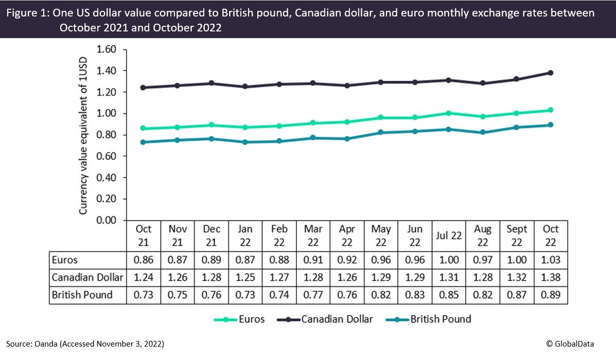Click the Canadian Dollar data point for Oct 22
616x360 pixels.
pos(550,73)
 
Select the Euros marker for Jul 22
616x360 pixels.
pos(448,113)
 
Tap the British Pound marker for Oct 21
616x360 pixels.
pos(143,142)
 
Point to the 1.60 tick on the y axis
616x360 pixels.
pos(107,49)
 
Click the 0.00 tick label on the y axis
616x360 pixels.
pos(107,220)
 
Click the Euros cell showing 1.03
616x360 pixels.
pos(550,261)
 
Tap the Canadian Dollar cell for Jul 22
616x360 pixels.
pos(448,278)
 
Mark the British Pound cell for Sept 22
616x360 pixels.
pos(516,296)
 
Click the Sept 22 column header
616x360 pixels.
pos(516,235)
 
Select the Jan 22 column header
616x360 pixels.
pos(245,235)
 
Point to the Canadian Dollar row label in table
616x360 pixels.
pos(87,278)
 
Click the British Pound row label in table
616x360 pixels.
pos(82,296)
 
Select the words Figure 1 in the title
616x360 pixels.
pos(26,13)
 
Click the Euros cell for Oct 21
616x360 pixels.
pos(143,261)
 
